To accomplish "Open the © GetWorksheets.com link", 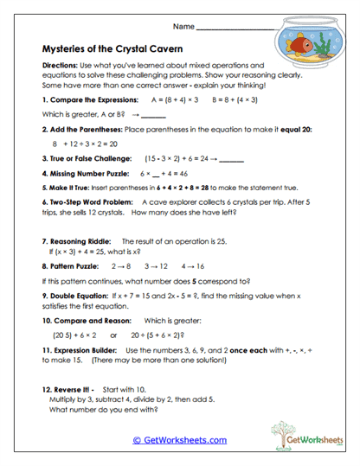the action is (x=179, y=440).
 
